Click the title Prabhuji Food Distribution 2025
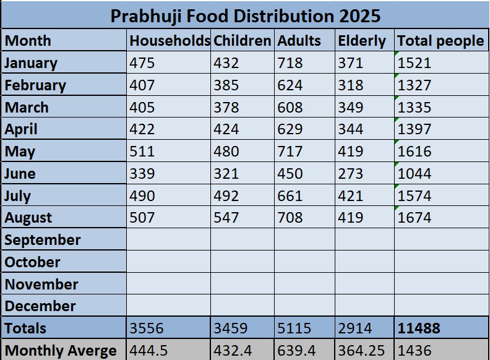[x=245, y=15]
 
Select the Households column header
[x=170, y=41]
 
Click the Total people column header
[x=440, y=41]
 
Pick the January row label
[x=31, y=63]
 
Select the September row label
[x=43, y=240]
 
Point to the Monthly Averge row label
[x=61, y=350]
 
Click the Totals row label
[x=25, y=328]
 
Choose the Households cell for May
[x=143, y=152]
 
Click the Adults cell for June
[x=290, y=174]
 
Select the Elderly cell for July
[x=351, y=195]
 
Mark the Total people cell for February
[x=415, y=85]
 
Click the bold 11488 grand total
[x=419, y=328]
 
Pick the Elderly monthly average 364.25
[x=361, y=350]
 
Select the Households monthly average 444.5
[x=148, y=350]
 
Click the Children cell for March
[x=226, y=108]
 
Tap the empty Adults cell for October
[x=304, y=262]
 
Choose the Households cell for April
[x=143, y=129]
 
